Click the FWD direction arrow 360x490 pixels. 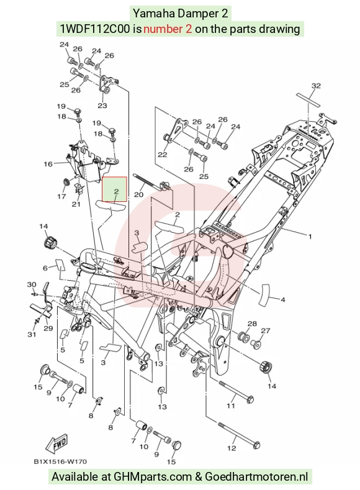tap(57, 444)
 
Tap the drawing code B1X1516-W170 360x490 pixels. tap(60, 461)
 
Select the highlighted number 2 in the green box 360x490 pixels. tap(116, 191)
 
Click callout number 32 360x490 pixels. tap(316, 86)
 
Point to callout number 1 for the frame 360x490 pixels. tap(310, 237)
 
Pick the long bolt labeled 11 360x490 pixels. tap(236, 391)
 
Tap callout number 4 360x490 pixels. tap(283, 300)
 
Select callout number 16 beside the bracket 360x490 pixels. tap(48, 164)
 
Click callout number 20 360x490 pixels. tap(138, 194)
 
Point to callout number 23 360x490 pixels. tap(102, 106)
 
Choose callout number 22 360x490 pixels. tap(163, 155)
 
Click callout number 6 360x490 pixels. tap(45, 268)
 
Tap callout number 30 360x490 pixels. tap(32, 284)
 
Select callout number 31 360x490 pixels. tap(32, 334)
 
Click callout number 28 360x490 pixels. tap(252, 324)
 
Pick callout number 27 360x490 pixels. tap(266, 330)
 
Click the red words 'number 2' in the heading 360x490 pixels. tap(168, 29)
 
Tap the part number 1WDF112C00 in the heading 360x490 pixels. tap(94, 29)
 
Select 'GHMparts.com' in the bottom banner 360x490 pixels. tap(153, 477)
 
